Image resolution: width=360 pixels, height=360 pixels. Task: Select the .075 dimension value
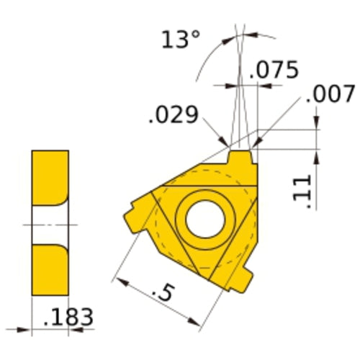274,70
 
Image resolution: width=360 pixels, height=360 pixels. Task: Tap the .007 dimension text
330,94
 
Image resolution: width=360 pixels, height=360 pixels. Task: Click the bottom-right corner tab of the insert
246,277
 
